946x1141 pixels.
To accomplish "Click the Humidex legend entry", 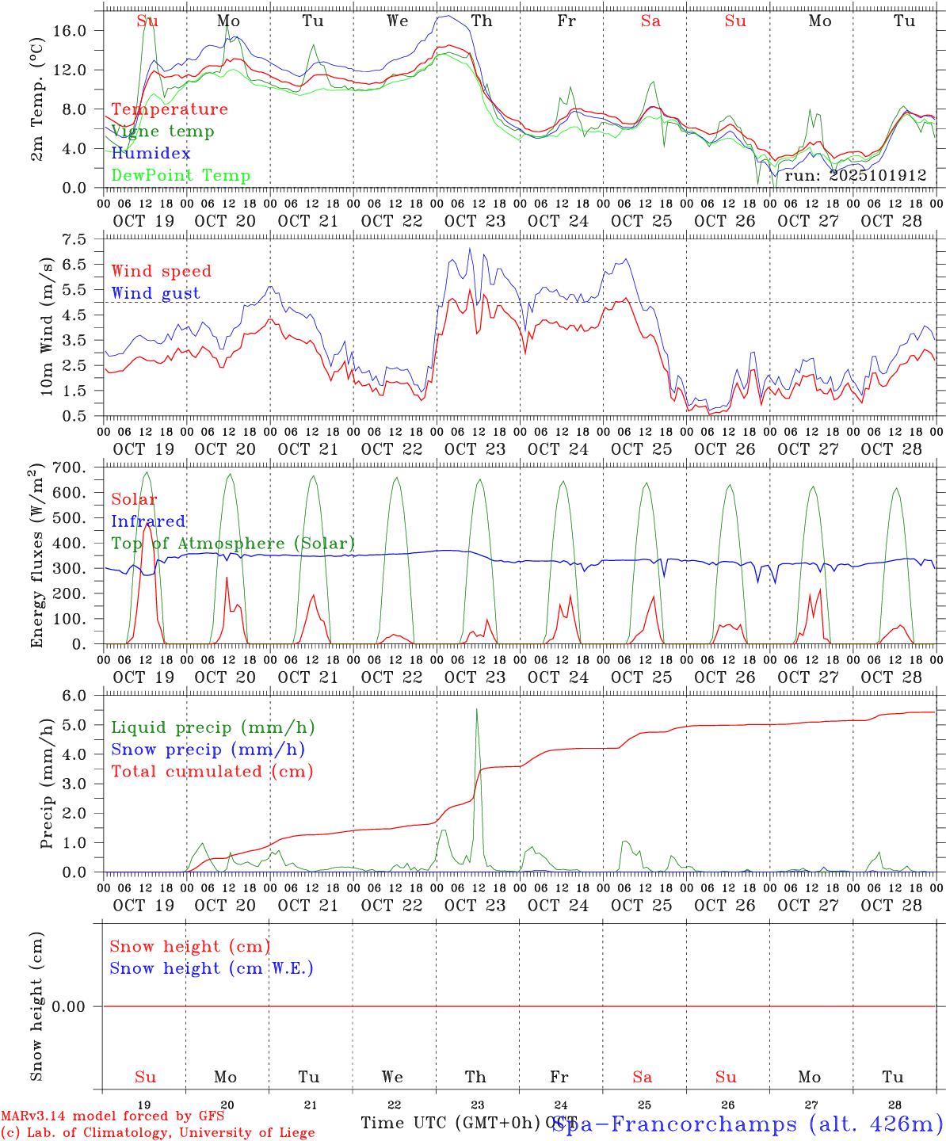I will click(x=151, y=153).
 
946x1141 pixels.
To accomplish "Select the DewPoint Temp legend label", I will click(x=181, y=175).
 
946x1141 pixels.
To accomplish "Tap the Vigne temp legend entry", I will click(x=162, y=131).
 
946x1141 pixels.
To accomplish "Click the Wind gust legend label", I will click(x=155, y=293).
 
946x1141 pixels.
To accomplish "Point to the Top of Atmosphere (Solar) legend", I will click(x=233, y=544).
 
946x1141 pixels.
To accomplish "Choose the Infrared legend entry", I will click(x=148, y=521).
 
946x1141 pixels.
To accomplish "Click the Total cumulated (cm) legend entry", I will click(x=212, y=771).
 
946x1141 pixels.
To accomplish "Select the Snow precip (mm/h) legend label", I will click(x=208, y=750).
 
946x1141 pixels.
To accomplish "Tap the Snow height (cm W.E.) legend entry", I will click(x=211, y=968).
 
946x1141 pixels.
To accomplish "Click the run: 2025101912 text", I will click(x=856, y=176).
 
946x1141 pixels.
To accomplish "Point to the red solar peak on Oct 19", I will click(x=147, y=525).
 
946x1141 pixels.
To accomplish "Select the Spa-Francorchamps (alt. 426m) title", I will click(x=747, y=1124).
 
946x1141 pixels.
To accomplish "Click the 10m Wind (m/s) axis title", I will click(x=47, y=326).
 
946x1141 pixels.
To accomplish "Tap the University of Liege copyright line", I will click(x=158, y=1132).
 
